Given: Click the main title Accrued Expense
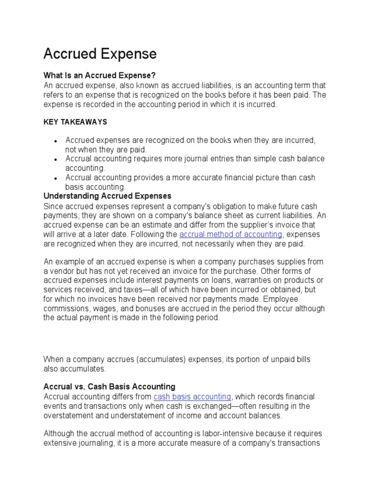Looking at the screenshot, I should point(100,54).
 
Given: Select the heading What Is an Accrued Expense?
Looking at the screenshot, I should point(100,76).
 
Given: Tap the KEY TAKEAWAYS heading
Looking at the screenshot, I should point(75,122).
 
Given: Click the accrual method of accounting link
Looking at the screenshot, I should point(231,234).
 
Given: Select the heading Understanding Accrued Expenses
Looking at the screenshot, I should point(107,196).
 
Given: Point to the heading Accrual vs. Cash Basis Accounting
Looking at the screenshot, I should point(109,387).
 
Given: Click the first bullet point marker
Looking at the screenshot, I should point(56,141).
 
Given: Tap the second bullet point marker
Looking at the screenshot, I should point(56,159).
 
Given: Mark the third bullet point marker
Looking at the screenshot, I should point(56,178).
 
